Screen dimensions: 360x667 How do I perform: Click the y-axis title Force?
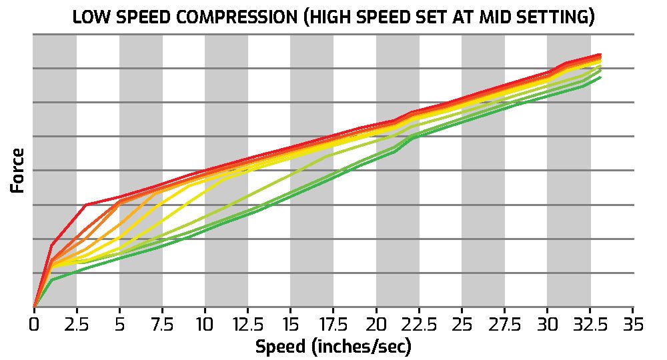pos(18,170)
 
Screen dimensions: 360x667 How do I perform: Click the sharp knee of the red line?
pos(86,205)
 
